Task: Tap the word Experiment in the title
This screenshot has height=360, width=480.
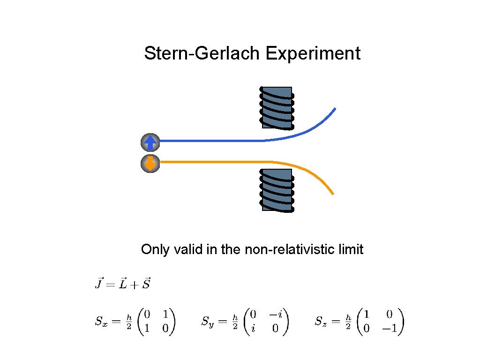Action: click(x=313, y=53)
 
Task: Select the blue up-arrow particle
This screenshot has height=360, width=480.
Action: click(x=150, y=141)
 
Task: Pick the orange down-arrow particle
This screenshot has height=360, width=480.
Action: click(x=150, y=163)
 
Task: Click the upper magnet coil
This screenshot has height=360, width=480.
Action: click(x=277, y=107)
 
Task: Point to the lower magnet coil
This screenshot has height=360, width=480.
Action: click(x=277, y=189)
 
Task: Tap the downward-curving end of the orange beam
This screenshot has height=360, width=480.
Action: click(x=331, y=192)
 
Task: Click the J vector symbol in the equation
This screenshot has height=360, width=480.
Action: click(x=99, y=283)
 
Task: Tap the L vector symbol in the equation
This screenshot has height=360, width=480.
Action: click(x=123, y=283)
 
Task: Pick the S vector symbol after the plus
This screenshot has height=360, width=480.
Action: click(x=146, y=283)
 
